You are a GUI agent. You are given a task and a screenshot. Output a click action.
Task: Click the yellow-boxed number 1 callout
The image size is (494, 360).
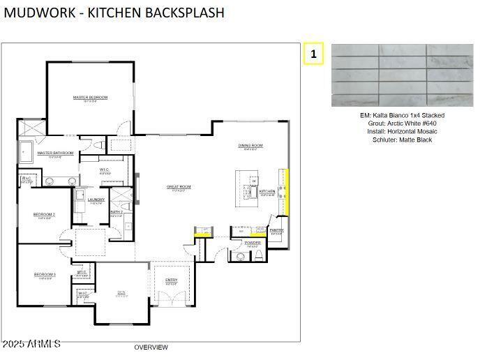[x=313, y=54]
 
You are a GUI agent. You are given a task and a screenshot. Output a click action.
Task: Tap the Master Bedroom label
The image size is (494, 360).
[x=91, y=98]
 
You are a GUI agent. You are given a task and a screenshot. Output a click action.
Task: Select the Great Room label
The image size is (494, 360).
[x=179, y=187]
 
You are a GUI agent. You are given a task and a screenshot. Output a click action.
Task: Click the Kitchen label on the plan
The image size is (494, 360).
[x=267, y=191]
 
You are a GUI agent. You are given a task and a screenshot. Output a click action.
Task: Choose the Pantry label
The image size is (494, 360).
[x=277, y=230]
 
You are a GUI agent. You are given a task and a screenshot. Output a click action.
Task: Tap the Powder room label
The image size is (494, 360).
[x=253, y=243]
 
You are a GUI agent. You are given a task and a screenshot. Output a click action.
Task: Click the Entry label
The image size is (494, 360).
[x=171, y=280]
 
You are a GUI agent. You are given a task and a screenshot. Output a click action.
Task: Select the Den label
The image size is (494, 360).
[x=121, y=292]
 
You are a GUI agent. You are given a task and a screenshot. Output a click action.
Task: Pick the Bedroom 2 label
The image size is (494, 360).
[x=44, y=214]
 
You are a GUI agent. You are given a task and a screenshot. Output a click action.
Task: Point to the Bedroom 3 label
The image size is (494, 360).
[x=45, y=275]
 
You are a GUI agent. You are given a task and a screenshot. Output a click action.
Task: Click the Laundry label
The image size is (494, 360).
[x=96, y=200]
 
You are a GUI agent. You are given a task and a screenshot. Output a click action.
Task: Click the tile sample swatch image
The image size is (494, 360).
[x=402, y=75]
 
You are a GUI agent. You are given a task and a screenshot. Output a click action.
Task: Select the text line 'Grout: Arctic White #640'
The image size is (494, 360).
[x=402, y=123]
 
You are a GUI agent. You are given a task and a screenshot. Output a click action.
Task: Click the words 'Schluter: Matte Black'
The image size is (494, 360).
[x=402, y=140]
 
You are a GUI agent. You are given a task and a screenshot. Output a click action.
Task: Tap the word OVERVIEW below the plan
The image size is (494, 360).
[x=151, y=347]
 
